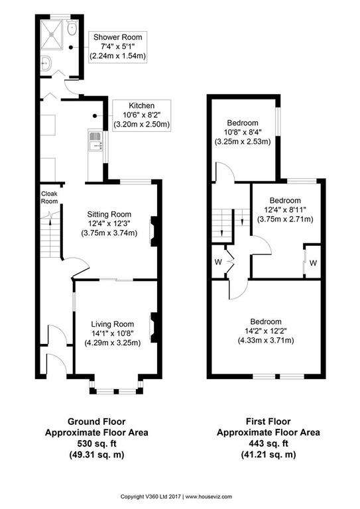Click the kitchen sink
(95, 141)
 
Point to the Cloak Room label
(49, 198)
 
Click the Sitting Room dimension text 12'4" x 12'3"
(109, 223)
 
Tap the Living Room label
(112, 324)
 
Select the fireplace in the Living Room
(153, 327)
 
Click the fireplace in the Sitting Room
(153, 231)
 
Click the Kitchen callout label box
(141, 115)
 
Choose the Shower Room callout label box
(118, 46)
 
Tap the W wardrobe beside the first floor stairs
(218, 262)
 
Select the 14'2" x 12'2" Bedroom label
(266, 331)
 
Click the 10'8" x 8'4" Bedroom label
(243, 132)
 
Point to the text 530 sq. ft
(96, 443)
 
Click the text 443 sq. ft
(268, 443)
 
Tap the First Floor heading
(268, 422)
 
